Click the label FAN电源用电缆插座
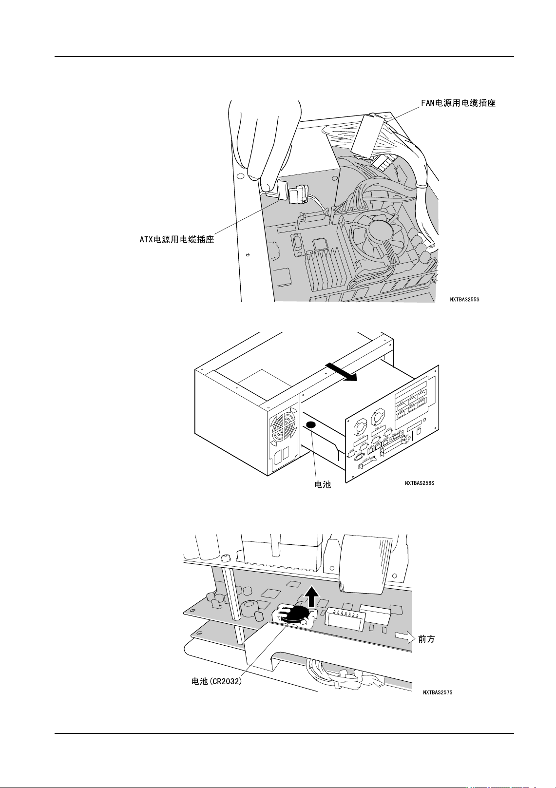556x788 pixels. [x=458, y=103]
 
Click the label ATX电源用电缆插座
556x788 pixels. [x=177, y=239]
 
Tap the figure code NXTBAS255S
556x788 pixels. [x=464, y=299]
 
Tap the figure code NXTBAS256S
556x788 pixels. [x=419, y=483]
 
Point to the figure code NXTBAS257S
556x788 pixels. [x=438, y=692]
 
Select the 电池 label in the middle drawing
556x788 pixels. [x=323, y=484]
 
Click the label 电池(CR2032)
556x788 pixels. [x=216, y=681]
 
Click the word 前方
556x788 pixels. [x=426, y=639]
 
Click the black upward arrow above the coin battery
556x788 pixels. [x=312, y=596]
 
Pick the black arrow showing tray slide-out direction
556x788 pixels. [x=342, y=371]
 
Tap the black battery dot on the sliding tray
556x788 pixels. [x=310, y=425]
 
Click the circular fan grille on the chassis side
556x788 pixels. [x=282, y=429]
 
